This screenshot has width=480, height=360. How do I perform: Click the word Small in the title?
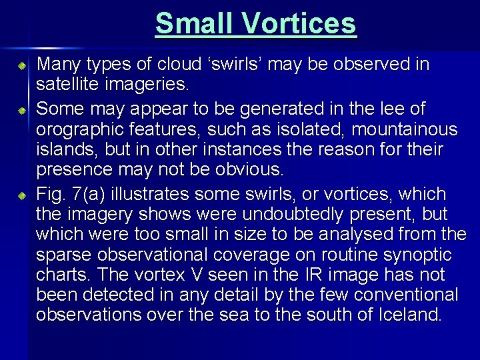point(194,24)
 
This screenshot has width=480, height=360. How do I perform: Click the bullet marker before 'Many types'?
point(22,67)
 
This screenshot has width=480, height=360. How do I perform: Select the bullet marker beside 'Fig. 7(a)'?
point(22,196)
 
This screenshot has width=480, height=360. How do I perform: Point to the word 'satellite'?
point(65,85)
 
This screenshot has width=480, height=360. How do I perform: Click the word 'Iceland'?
point(409,315)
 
